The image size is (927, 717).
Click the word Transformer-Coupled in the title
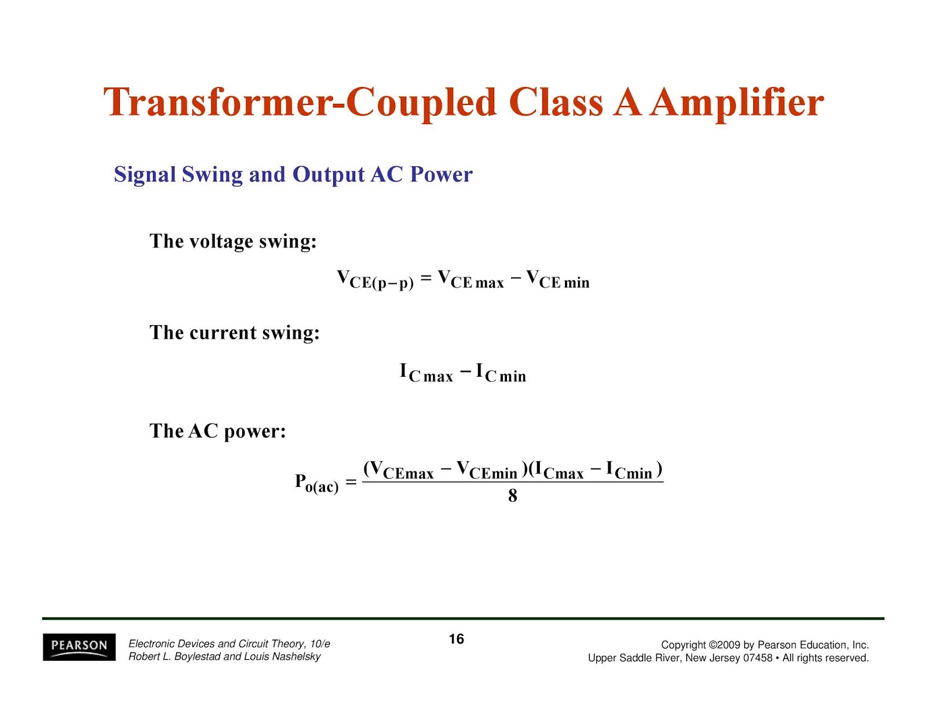[x=300, y=103]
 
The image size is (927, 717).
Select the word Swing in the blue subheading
[x=212, y=175]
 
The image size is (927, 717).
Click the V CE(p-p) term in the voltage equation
[x=375, y=280]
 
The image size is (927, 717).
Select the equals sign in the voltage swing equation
[x=426, y=278]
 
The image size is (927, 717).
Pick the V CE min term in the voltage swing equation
[x=558, y=279]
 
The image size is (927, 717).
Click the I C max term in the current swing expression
[x=426, y=373]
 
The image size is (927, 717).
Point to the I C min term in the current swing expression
[x=501, y=373]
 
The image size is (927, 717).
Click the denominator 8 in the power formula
[x=512, y=496]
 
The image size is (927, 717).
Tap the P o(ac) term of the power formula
[x=316, y=483]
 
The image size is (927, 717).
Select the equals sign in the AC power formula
[x=351, y=483]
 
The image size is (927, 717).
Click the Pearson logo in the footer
[x=79, y=647]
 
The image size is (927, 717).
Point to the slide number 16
[x=456, y=639]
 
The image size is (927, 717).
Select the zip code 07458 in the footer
[x=758, y=658]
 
